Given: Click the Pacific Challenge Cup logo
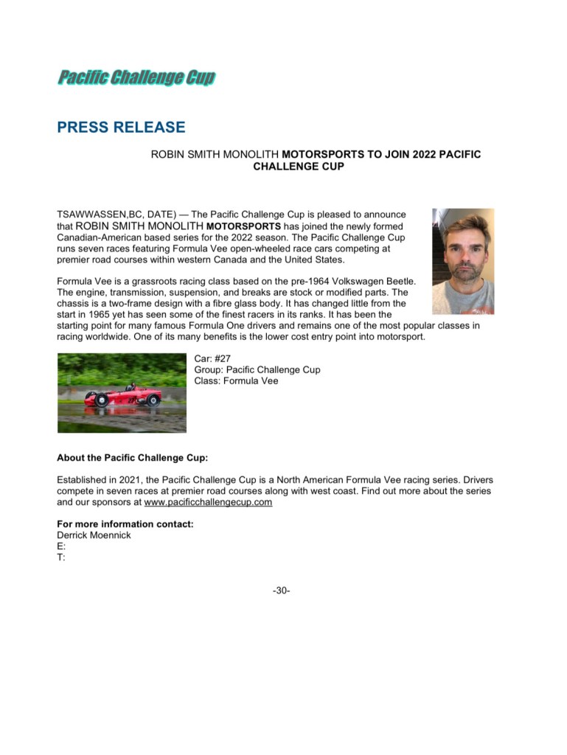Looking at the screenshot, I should (x=136, y=77).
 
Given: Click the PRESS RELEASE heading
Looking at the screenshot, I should (x=121, y=128).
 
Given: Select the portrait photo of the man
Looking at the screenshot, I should (x=463, y=261).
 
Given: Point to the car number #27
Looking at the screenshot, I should (x=222, y=358).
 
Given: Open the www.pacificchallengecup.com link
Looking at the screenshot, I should (x=209, y=502).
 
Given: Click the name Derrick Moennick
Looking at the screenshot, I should (x=94, y=535).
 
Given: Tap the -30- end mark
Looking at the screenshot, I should (x=281, y=590).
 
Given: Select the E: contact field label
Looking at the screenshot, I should (x=60, y=546).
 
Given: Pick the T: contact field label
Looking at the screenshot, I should (x=60, y=557).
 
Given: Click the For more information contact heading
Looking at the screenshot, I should (x=125, y=524).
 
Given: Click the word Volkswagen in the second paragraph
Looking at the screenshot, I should (x=343, y=281).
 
